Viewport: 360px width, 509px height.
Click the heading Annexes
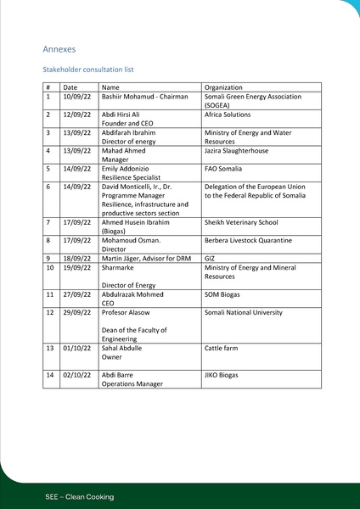pyautogui.click(x=59, y=49)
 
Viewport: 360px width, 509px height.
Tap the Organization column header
pyautogui.click(x=223, y=87)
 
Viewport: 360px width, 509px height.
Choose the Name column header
pyautogui.click(x=110, y=87)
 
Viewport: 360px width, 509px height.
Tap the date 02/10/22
pyautogui.click(x=76, y=375)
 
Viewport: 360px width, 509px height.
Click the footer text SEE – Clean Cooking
pyautogui.click(x=80, y=496)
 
